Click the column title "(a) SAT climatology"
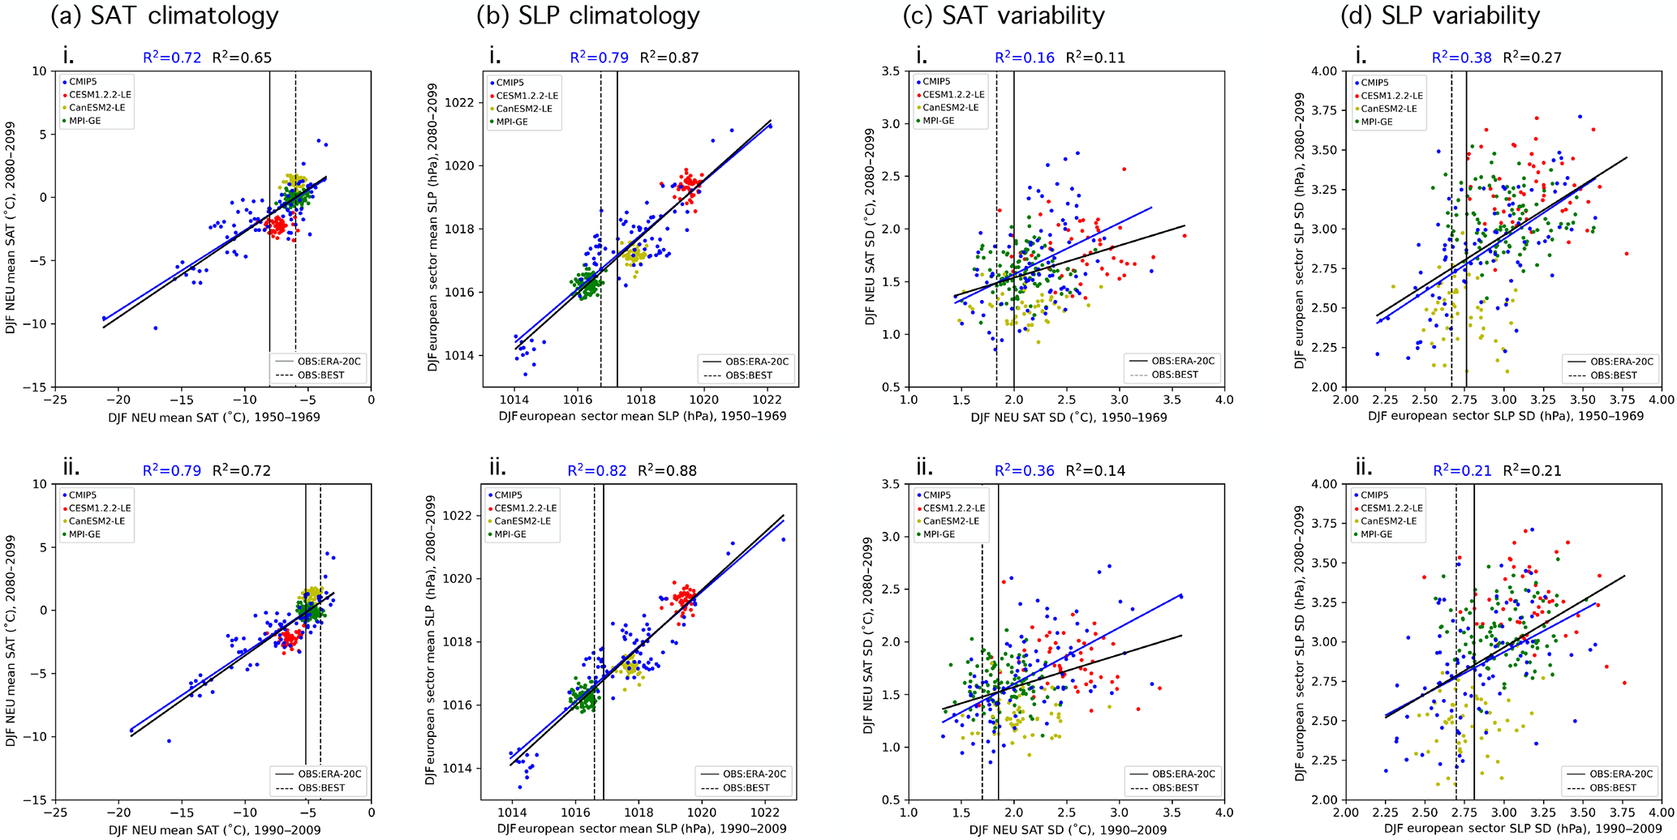point(165,15)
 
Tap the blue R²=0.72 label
point(172,58)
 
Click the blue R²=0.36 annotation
point(1025,470)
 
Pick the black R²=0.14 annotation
point(1095,470)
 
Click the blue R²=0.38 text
point(1461,58)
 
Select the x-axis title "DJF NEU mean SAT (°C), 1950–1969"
point(214,417)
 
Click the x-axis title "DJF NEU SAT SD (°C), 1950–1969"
point(1069,417)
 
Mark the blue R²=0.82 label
point(597,470)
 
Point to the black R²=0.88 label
point(667,470)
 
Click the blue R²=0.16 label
point(1025,58)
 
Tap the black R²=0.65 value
point(242,58)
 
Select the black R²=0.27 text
point(1532,58)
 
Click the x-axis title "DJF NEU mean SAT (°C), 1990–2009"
point(214,829)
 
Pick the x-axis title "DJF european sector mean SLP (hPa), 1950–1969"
point(643,417)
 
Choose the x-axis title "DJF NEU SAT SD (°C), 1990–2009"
point(1069,829)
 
